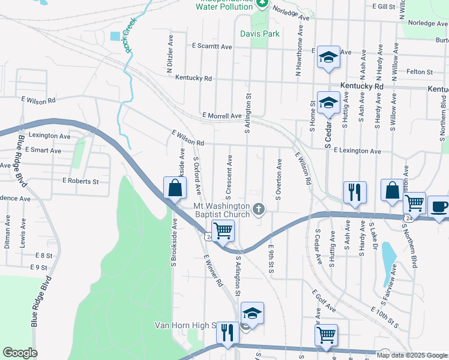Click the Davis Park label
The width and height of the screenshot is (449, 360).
[260, 34]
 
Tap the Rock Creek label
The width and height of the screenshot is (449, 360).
[128, 35]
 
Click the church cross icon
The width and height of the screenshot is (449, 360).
[259, 209]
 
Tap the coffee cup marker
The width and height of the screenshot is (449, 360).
[438, 206]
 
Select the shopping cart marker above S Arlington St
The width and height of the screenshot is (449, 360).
[223, 230]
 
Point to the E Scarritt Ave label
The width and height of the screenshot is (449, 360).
[212, 46]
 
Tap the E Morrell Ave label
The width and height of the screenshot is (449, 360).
[221, 115]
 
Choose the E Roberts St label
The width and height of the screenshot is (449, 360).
[80, 181]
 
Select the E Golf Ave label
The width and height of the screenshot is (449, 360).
[324, 302]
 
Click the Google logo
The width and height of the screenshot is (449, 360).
[20, 353]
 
